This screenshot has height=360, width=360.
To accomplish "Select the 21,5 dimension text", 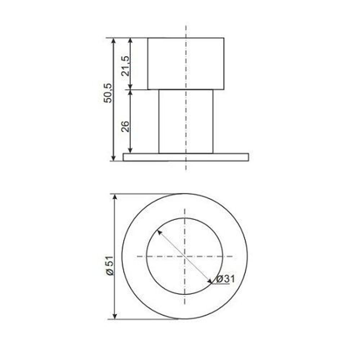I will point(125,66).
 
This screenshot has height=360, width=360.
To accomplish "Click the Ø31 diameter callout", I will point(225,279).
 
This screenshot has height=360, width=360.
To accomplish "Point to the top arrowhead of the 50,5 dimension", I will point(114,40).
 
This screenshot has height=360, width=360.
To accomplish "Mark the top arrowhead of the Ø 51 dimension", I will point(115,197).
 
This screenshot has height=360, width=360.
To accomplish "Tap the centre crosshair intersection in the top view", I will point(185,256).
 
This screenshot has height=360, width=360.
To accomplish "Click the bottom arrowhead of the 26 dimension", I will point(131,150).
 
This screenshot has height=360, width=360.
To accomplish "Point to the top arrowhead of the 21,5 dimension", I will point(131,40).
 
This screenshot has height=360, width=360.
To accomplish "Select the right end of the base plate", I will point(248,157).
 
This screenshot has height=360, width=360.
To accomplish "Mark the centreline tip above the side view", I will point(186,26).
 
